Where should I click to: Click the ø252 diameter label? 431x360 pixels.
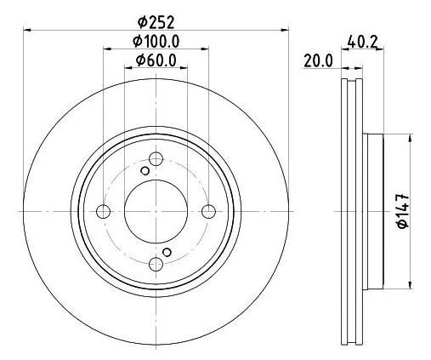156,22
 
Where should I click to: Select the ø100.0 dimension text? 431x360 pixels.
156,42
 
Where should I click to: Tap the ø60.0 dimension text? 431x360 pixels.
156,60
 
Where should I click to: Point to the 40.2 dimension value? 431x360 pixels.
363,43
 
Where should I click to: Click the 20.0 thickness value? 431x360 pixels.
318,61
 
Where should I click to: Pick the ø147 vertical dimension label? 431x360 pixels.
403,211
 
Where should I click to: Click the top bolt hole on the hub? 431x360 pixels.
156,158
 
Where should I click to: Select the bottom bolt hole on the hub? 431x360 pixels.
156,264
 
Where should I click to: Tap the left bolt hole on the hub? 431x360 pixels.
103,211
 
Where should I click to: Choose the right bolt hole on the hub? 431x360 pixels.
208,211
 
